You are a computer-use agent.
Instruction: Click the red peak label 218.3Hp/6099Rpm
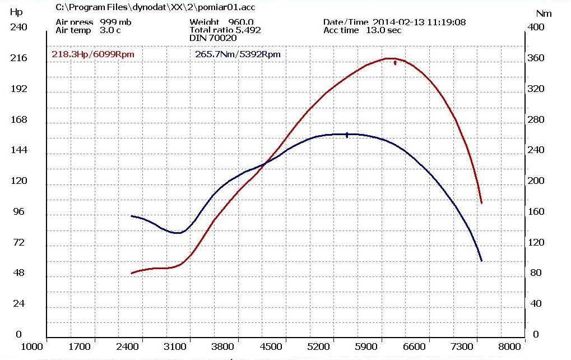[92, 54]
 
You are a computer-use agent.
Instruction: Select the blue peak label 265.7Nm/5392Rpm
[238, 54]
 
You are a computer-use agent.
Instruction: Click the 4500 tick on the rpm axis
[271, 347]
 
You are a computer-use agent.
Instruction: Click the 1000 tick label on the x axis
[33, 347]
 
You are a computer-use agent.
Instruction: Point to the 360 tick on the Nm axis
[536, 58]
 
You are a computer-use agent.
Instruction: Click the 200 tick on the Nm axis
[536, 181]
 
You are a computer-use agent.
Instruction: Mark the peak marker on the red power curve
[395, 63]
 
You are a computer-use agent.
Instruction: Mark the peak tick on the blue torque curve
[347, 135]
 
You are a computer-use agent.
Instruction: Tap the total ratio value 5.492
[248, 30]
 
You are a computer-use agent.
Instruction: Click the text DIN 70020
[213, 38]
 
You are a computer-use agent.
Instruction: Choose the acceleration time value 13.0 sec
[383, 30]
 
